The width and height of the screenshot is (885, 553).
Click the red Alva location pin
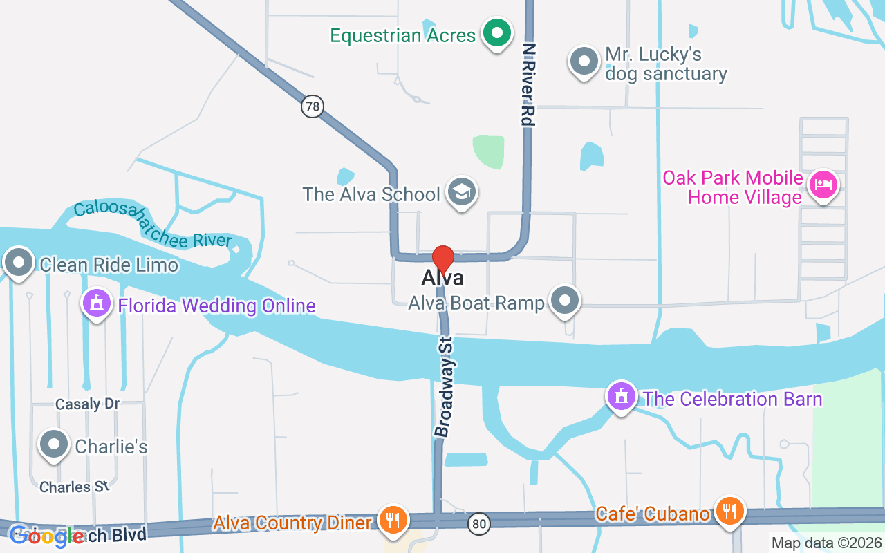(442, 259)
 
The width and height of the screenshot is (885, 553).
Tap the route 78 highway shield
(313, 106)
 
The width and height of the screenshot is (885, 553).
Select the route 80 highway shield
(478, 523)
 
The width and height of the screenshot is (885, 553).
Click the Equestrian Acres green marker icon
(496, 32)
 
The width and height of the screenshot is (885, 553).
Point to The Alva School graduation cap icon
(460, 192)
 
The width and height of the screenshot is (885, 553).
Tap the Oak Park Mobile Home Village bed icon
(823, 185)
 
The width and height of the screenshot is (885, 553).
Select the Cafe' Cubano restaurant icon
(728, 512)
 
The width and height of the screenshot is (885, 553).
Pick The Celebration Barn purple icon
(621, 397)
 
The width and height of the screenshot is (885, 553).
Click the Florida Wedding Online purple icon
(97, 303)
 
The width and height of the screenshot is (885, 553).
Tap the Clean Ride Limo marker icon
(19, 263)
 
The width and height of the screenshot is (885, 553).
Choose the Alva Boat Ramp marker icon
(566, 301)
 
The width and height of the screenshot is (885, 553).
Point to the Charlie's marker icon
(54, 445)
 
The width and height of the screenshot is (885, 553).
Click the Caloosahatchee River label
(153, 224)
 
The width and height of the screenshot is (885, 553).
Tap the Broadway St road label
(444, 386)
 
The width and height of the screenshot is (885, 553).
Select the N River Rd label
(529, 84)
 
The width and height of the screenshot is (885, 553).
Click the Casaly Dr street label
(88, 404)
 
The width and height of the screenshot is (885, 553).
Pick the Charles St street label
(75, 487)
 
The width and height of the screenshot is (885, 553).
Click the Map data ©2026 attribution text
(826, 543)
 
